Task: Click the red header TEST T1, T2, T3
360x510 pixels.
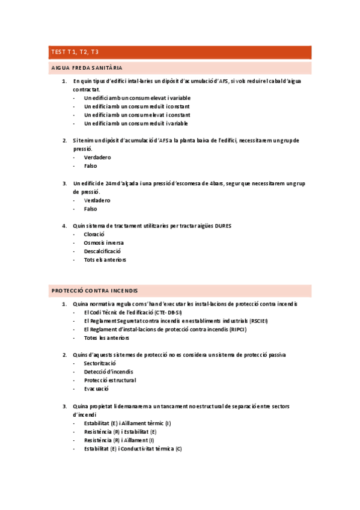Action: pyautogui.click(x=75, y=52)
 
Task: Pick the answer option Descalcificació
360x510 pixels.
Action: pyautogui.click(x=103, y=251)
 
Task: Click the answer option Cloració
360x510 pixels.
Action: pyautogui.click(x=95, y=234)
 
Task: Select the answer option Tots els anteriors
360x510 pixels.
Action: pyautogui.click(x=105, y=260)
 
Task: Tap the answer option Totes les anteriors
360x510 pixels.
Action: pyautogui.click(x=106, y=338)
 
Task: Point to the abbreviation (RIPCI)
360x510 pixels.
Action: pyautogui.click(x=237, y=330)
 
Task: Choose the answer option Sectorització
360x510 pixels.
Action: pyautogui.click(x=100, y=363)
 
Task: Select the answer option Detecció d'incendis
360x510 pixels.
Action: pyautogui.click(x=109, y=372)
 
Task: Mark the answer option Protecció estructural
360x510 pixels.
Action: pyautogui.click(x=110, y=380)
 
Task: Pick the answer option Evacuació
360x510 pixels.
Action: pyautogui.click(x=97, y=389)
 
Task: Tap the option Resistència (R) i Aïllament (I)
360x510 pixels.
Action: pyautogui.click(x=119, y=440)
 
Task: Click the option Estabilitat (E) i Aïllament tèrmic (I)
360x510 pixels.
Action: pyautogui.click(x=128, y=423)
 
